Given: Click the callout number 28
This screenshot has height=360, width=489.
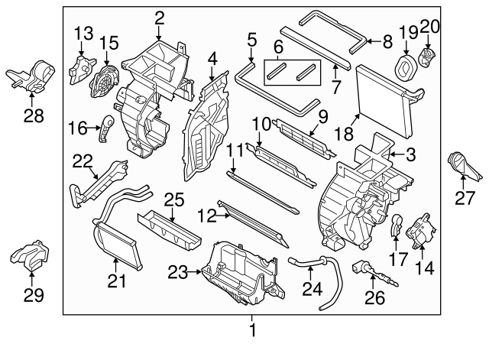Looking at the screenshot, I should [x=33, y=116].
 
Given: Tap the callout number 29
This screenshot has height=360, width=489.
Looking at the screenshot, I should [x=33, y=294].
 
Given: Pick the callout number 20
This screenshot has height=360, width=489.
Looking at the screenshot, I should [x=430, y=27].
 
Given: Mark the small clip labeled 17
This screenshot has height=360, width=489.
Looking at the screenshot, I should [x=396, y=225].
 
